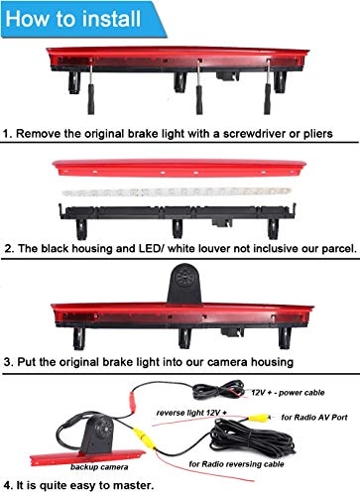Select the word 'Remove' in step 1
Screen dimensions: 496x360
pos(42,132)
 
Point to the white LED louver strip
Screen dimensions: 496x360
pos(180,188)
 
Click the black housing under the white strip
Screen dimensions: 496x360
pos(180,211)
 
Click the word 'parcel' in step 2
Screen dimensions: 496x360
pos(322,247)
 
